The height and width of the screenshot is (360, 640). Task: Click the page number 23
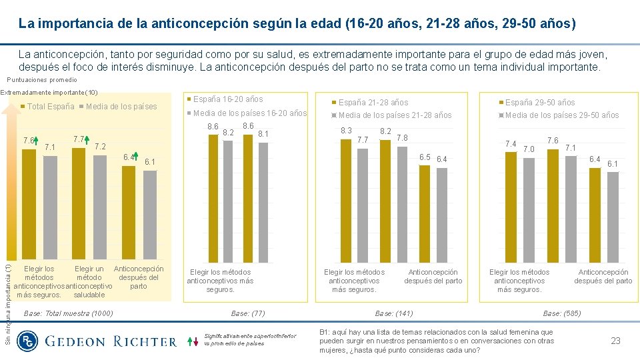click(615, 341)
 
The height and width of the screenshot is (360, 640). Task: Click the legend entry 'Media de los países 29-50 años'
click(561, 115)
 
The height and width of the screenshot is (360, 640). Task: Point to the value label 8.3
click(346, 131)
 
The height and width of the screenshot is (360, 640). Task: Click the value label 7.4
click(511, 143)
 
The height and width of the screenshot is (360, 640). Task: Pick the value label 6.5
click(424, 157)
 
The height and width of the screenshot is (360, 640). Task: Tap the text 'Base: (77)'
click(248, 313)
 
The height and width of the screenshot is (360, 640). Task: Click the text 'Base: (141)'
click(394, 313)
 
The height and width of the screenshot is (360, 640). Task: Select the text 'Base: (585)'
click(561, 313)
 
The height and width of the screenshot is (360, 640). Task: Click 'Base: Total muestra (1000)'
click(68, 313)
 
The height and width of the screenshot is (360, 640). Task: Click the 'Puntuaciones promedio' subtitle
click(42, 80)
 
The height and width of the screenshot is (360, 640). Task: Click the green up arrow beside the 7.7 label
click(87, 141)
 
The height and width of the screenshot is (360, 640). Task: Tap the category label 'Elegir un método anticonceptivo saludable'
click(89, 282)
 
